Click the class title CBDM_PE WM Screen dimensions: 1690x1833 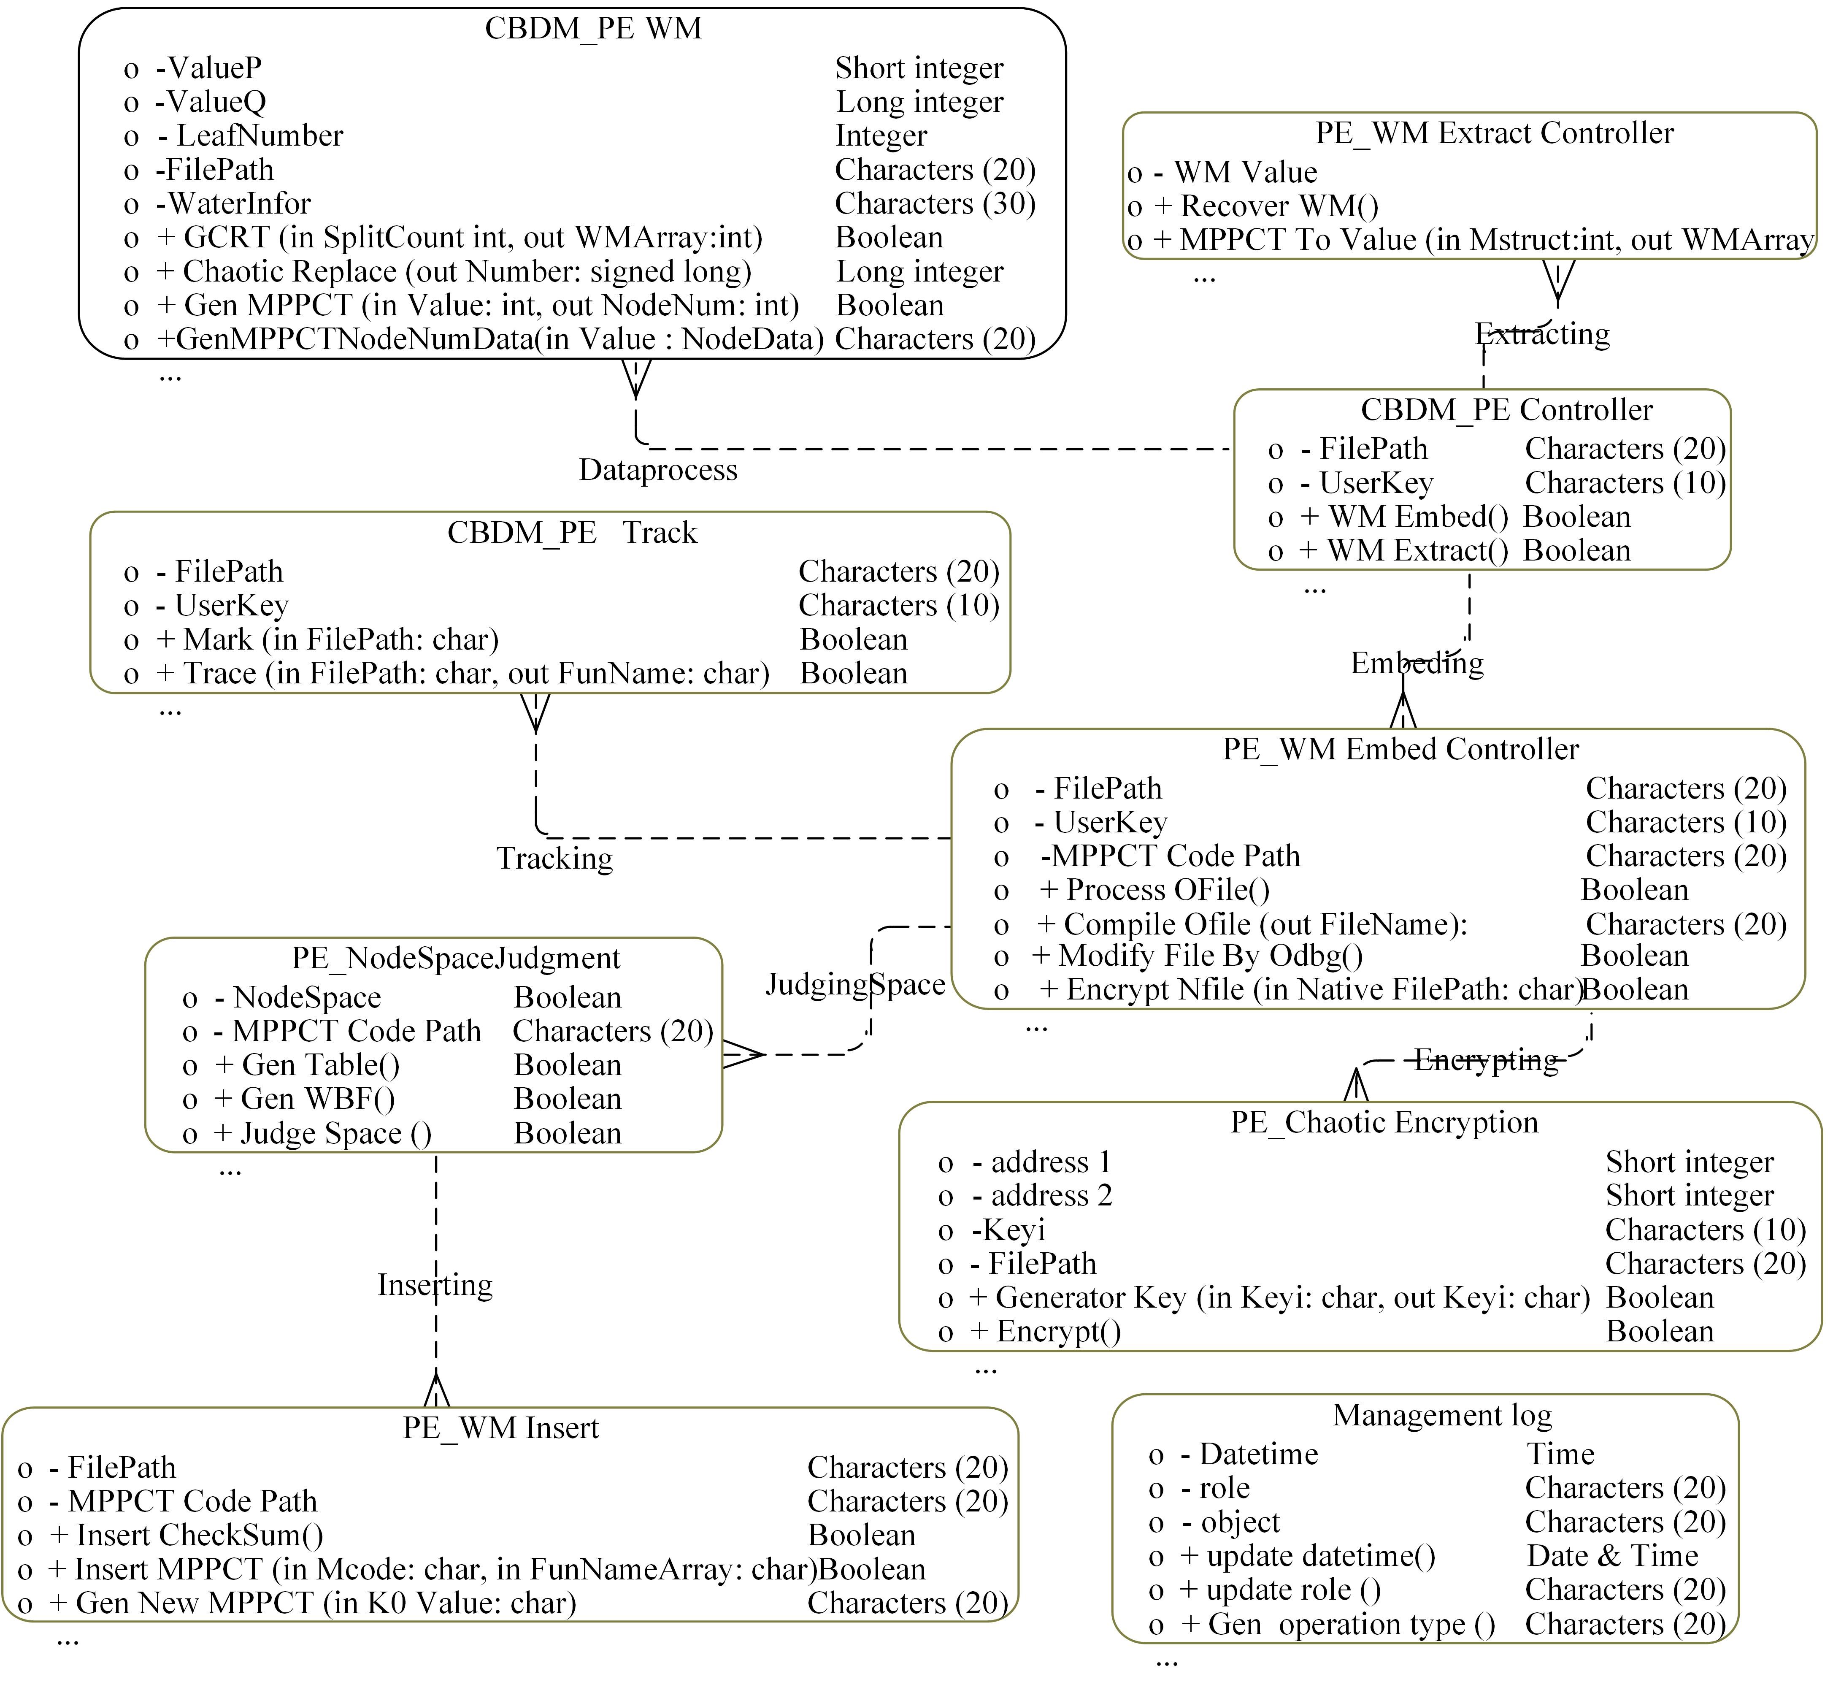click(593, 28)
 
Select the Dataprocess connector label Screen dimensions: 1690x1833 click(658, 470)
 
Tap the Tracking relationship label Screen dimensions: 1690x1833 click(555, 859)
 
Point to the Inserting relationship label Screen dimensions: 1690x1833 click(435, 1285)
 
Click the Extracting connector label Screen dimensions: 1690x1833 click(1542, 334)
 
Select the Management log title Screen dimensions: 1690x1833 click(1442, 1415)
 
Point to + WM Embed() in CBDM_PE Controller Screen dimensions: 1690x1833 click(1403, 517)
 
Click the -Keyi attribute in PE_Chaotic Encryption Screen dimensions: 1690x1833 click(1008, 1230)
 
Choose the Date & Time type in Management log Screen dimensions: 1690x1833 click(1612, 1556)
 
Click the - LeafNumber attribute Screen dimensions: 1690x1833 click(251, 135)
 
